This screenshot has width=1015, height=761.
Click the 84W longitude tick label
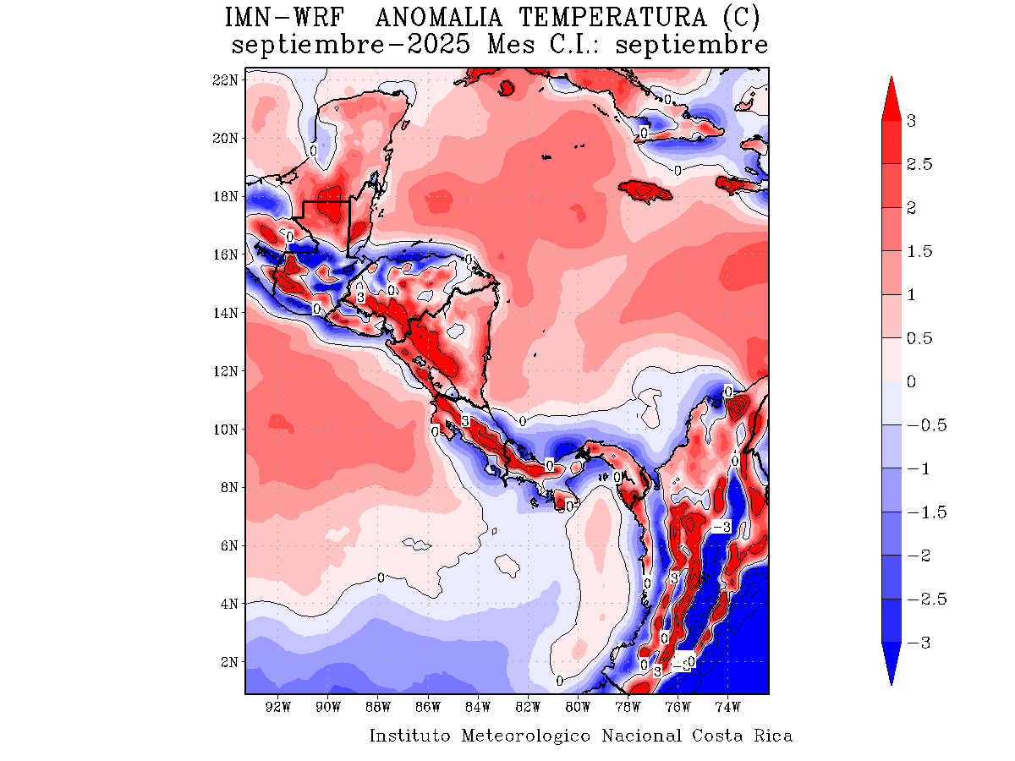(478, 706)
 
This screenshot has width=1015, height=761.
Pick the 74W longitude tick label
(727, 706)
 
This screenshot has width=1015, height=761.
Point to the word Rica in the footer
(773, 736)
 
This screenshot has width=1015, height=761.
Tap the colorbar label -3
(918, 643)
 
